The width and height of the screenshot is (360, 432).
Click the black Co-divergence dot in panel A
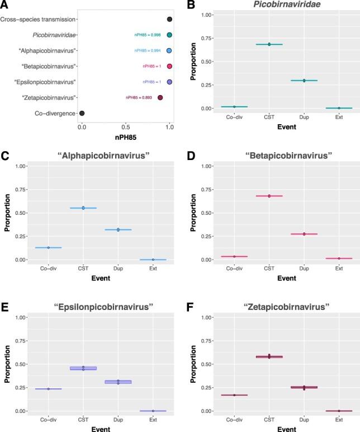[x=82, y=114]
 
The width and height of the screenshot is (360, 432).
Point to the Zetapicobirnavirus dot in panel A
[x=160, y=98]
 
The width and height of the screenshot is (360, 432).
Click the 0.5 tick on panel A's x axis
[x=126, y=128]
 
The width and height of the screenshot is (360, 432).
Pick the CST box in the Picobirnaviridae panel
[x=269, y=44]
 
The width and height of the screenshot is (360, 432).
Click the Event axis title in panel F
[x=287, y=428]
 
